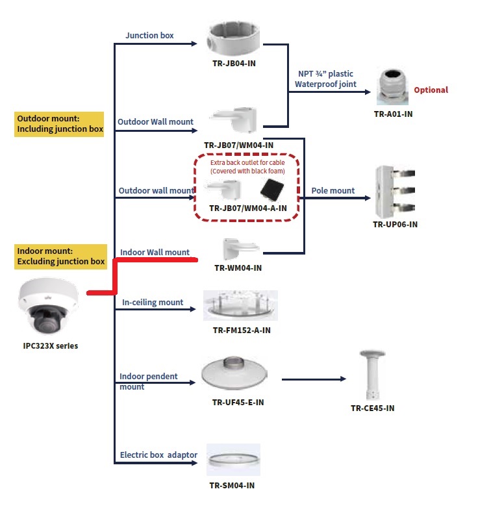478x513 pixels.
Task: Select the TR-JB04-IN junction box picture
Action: coord(235,40)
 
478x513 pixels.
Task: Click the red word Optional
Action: coord(431,90)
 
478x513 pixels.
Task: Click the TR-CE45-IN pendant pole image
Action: coord(373,377)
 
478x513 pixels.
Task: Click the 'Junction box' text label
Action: coord(149,36)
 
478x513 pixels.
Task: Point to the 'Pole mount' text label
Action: coord(333,190)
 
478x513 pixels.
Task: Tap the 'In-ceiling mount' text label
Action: coord(153,302)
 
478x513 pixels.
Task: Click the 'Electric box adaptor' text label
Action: coord(158,455)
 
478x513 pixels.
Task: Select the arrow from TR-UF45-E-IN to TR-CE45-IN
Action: coord(312,378)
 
